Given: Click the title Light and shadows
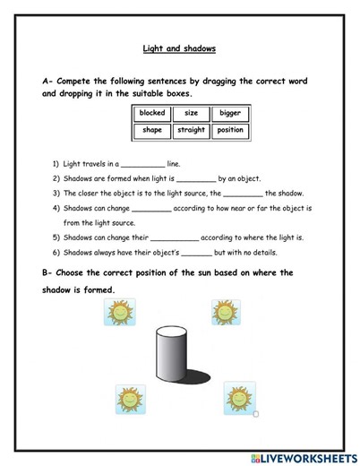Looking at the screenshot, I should pyautogui.click(x=180, y=50).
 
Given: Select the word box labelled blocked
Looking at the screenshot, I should pyautogui.click(x=152, y=115).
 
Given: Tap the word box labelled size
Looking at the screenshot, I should pyautogui.click(x=191, y=115).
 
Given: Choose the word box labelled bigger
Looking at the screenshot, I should pyautogui.click(x=229, y=115).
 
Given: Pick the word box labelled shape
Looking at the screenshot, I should pyautogui.click(x=152, y=131).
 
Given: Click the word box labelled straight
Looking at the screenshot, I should pyautogui.click(x=191, y=131).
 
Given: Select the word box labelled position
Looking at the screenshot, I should pyautogui.click(x=229, y=131).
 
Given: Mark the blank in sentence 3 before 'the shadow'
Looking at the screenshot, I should pyautogui.click(x=243, y=194).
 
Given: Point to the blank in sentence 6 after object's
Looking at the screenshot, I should pyautogui.click(x=201, y=254).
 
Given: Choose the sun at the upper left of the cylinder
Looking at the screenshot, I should pyautogui.click(x=118, y=313).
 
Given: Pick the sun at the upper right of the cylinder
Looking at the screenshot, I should pyautogui.click(x=224, y=312).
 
